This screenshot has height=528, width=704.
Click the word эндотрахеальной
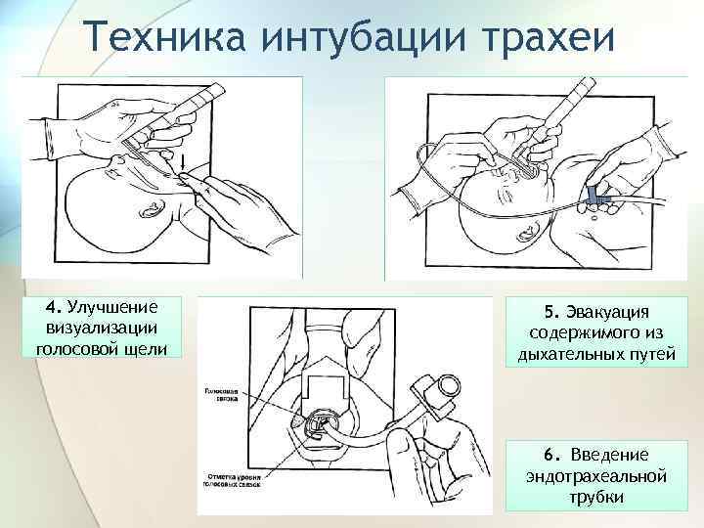coord(596,475)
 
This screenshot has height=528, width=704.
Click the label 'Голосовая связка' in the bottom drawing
coord(222,392)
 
